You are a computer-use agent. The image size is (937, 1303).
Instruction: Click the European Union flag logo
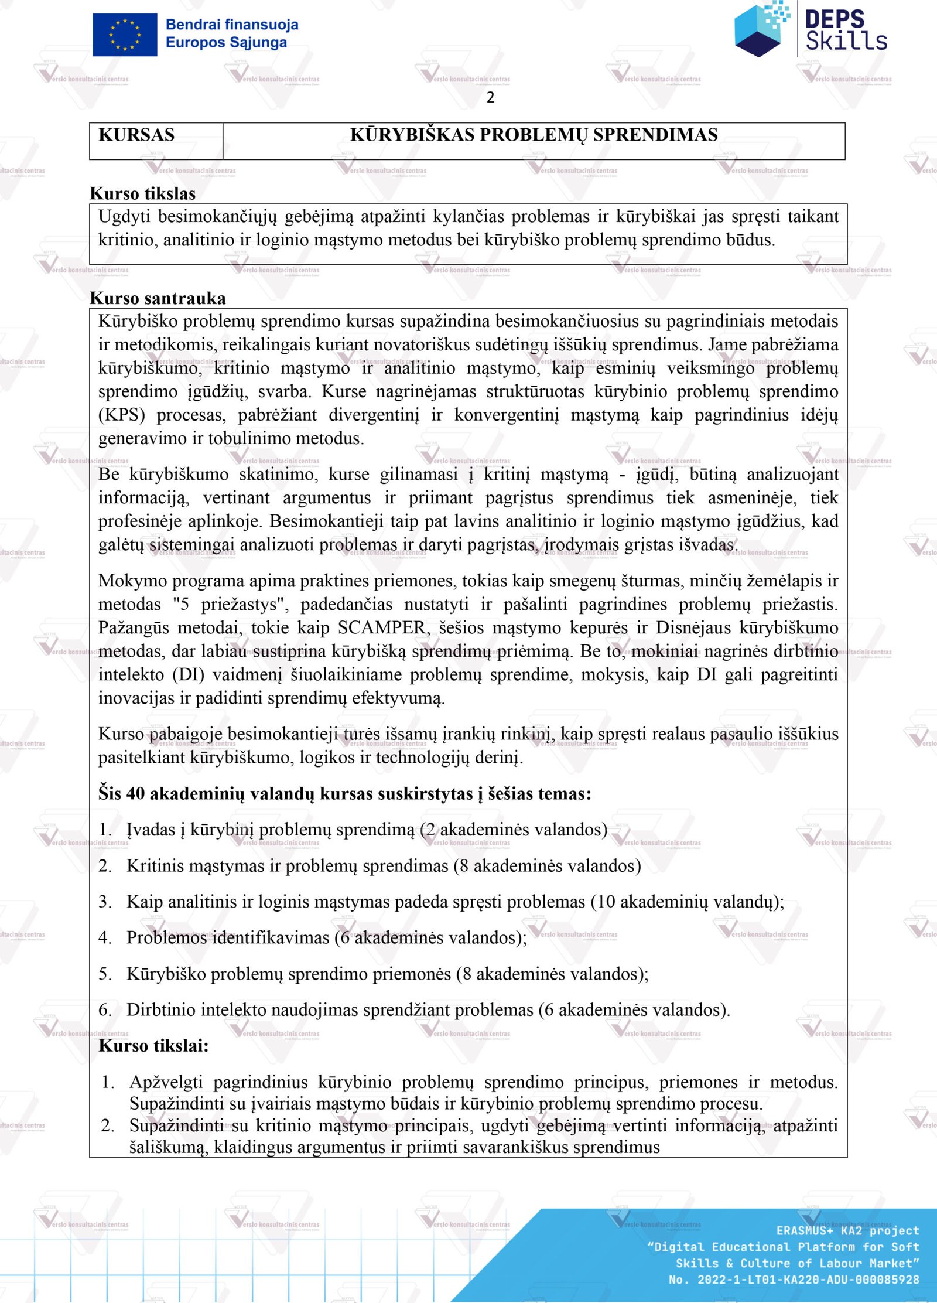125,35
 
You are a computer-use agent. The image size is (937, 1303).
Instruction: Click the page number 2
490,97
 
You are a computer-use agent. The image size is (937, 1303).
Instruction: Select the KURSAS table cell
137,135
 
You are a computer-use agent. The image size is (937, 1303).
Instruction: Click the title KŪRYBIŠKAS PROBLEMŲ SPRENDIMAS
534,135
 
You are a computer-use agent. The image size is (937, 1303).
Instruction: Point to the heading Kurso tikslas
143,193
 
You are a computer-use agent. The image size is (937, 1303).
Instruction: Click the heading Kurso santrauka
158,298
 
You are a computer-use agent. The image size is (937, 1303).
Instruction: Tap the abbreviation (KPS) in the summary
121,415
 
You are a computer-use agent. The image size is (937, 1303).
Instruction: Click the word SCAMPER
381,627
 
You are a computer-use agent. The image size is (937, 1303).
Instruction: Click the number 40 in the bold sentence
135,793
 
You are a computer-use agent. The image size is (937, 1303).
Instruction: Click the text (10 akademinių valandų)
685,901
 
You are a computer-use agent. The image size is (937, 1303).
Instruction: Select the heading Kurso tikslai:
153,1045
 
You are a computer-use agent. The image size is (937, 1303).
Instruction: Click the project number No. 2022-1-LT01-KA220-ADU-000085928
794,1280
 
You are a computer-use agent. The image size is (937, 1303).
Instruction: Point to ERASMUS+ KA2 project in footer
847,1230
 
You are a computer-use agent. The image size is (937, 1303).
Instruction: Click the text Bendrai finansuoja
232,25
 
